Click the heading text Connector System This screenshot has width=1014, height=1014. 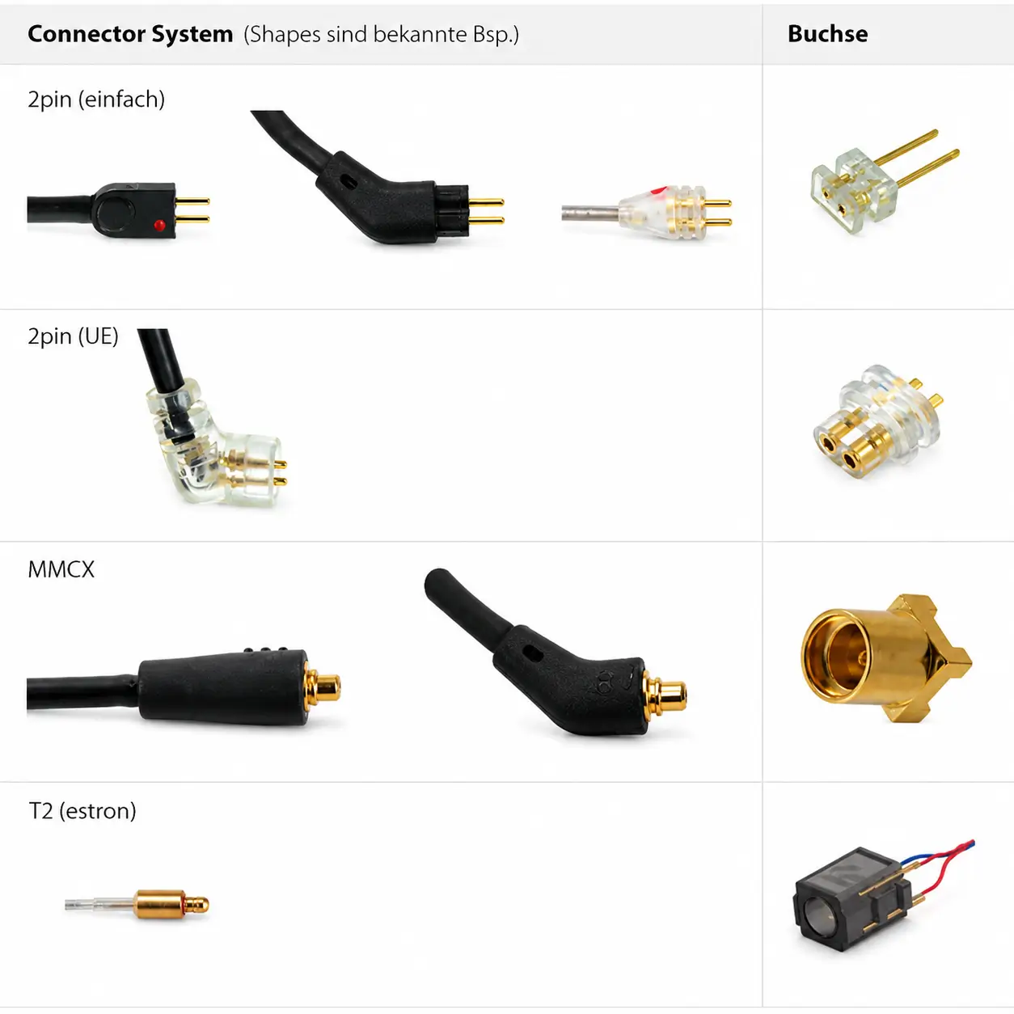pos(130,34)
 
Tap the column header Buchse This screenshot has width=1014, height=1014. pos(827,34)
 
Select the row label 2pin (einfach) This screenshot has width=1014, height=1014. pos(96,99)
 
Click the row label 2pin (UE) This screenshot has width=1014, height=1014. pos(73,336)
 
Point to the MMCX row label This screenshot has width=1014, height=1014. pos(61,569)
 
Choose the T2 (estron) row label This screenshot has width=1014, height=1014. pos(82,811)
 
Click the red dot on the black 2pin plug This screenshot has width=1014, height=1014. pos(159,226)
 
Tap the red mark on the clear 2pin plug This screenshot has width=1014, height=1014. pos(659,190)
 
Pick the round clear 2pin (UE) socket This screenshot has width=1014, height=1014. pos(877,421)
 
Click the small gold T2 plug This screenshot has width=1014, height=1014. pos(137,905)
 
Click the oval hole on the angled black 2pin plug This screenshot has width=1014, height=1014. pos(349,183)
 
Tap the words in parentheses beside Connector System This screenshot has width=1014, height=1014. pos(381,35)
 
